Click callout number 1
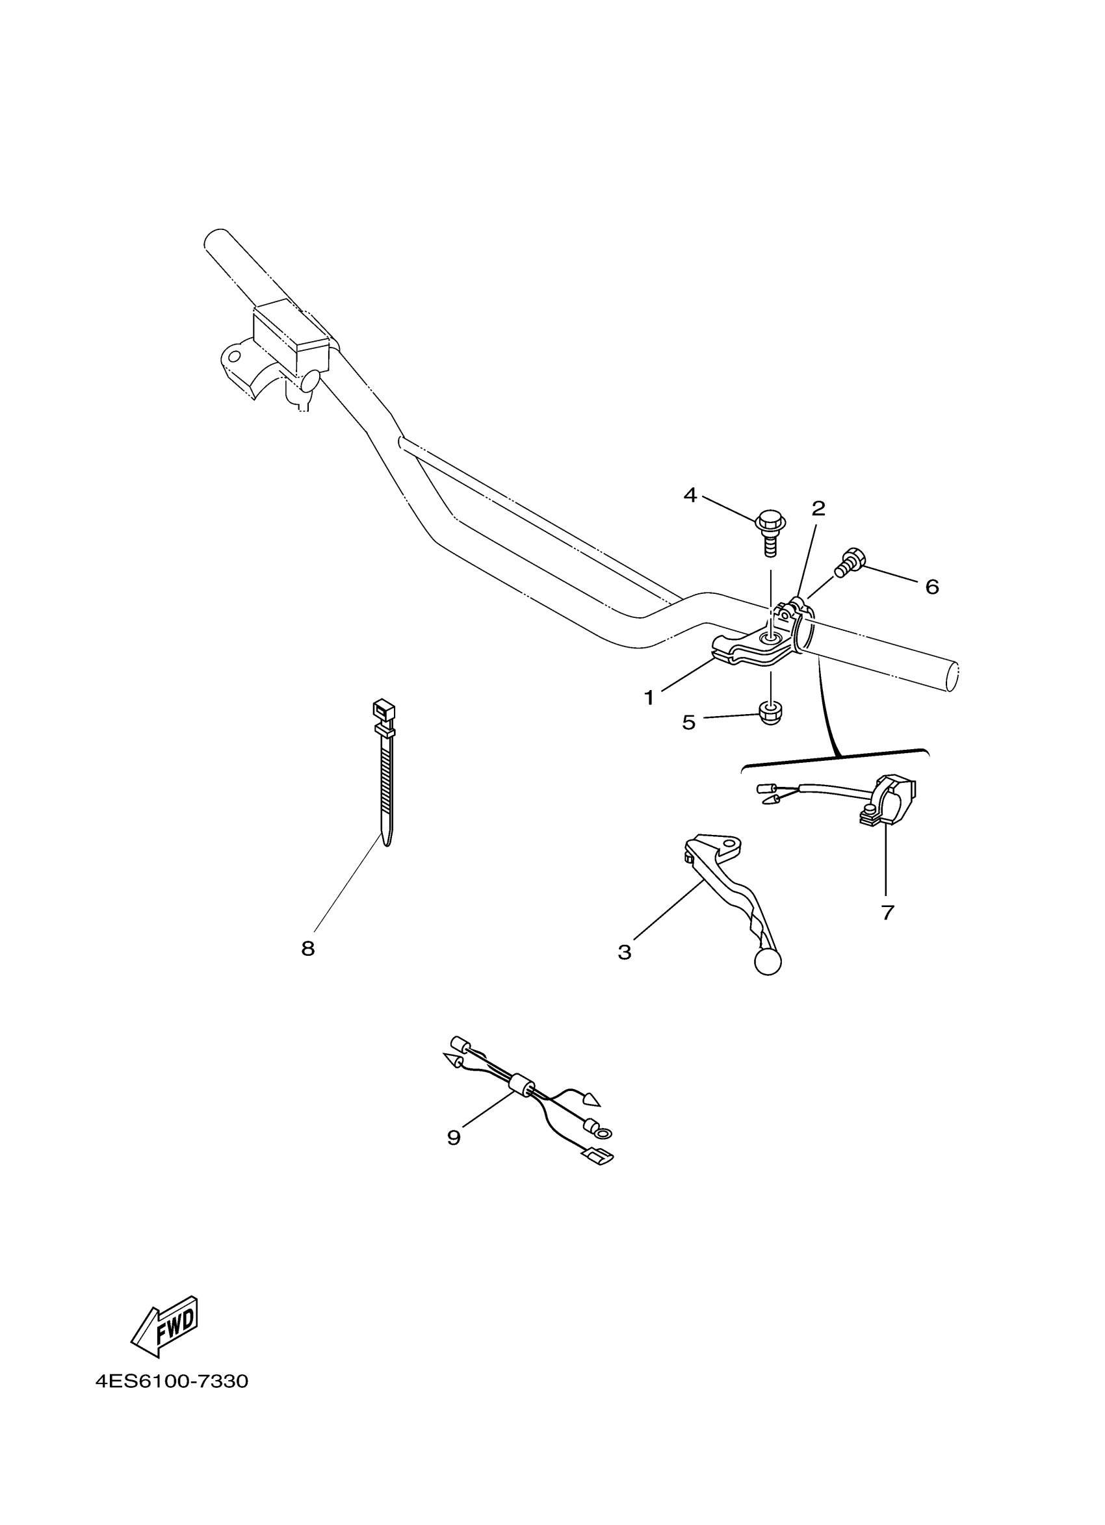tap(648, 698)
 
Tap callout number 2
tap(818, 509)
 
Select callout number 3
tap(624, 952)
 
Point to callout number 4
tap(690, 496)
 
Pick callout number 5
tap(689, 723)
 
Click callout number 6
tap(931, 587)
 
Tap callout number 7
tap(887, 912)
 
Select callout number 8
tap(307, 949)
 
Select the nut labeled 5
tap(770, 713)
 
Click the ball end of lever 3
tap(768, 962)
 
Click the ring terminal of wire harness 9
tap(603, 1134)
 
